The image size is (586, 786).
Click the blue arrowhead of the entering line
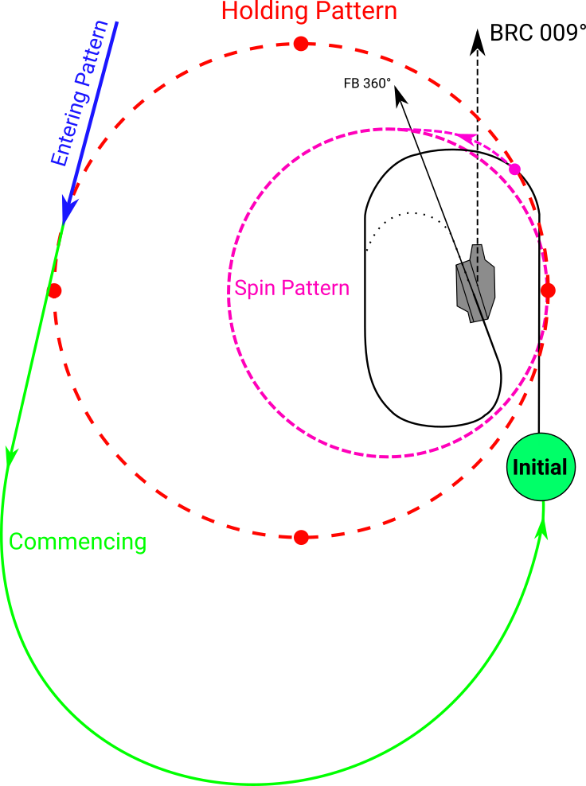(x=69, y=209)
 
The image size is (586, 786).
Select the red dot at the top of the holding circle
(x=300, y=44)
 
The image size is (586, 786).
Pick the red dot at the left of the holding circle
(x=54, y=291)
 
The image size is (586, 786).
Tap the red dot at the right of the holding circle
(x=548, y=290)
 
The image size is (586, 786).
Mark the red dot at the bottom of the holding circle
(x=301, y=538)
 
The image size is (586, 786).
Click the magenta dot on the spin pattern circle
(x=514, y=169)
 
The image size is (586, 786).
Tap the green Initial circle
(x=540, y=468)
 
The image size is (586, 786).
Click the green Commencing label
(x=77, y=543)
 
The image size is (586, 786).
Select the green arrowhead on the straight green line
(x=11, y=456)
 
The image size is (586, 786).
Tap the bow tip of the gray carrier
(x=477, y=247)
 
